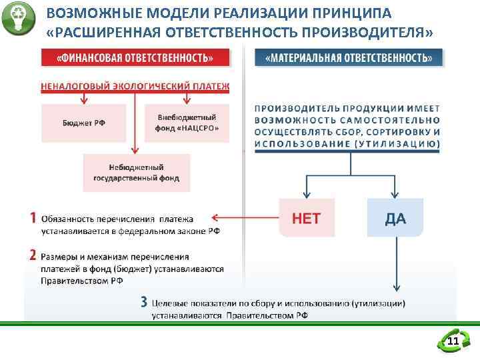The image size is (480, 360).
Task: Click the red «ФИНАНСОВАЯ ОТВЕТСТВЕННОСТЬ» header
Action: [135, 57]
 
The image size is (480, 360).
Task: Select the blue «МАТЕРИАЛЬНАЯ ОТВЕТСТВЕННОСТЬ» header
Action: [349, 57]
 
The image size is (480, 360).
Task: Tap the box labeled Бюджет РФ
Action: [83, 123]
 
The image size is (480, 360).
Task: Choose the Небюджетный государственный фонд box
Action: [136, 173]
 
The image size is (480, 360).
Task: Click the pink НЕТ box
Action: [307, 217]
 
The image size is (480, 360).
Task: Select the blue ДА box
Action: [395, 217]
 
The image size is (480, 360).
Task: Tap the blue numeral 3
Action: [143, 301]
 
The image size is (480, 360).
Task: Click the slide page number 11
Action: [453, 342]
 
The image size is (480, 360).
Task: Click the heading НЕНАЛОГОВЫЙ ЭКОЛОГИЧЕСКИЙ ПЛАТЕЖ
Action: [135, 86]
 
